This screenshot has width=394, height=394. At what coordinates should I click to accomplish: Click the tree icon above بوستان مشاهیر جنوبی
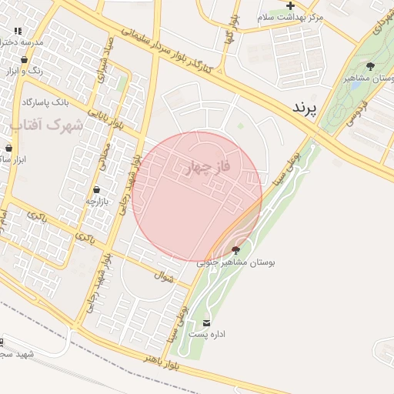[x=235, y=250]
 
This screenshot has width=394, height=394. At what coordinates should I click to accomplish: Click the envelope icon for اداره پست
[x=206, y=322]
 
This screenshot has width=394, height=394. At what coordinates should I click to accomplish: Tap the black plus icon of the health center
[x=290, y=5]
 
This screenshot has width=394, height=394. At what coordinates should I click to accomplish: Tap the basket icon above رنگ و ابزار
[x=24, y=59]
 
